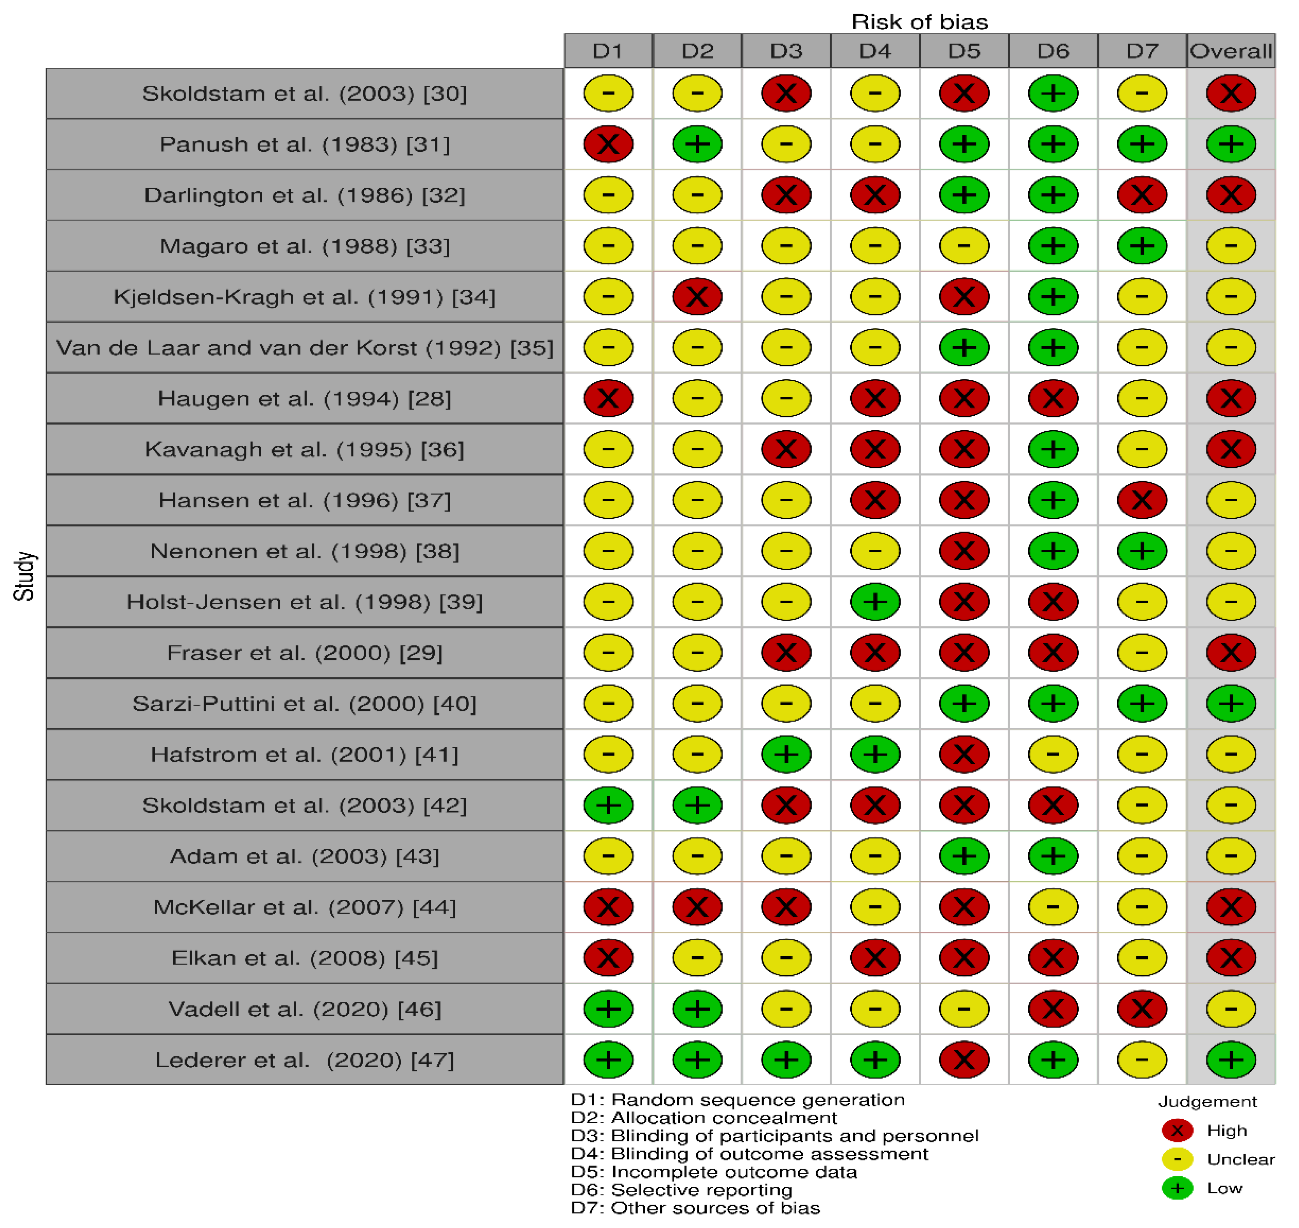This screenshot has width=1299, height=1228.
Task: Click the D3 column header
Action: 786,51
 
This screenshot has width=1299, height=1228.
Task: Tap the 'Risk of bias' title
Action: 920,21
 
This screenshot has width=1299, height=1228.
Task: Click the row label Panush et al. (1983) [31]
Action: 305,144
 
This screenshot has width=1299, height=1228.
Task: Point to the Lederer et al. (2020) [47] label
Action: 305,1060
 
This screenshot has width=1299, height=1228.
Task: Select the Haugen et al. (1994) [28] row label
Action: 305,398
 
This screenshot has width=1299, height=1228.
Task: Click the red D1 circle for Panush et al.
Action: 608,144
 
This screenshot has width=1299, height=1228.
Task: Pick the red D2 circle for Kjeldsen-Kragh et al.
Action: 697,297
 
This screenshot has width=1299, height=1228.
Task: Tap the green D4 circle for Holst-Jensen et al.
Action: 875,602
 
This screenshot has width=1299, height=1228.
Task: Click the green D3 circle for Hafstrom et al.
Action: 786,754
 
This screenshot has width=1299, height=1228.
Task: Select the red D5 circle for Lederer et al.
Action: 964,1060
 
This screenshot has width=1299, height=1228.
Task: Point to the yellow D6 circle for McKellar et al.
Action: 1053,907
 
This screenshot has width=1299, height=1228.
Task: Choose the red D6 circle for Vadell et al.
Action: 1053,1009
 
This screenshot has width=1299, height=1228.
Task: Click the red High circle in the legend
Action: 1177,1130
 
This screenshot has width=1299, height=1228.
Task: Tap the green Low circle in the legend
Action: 1177,1188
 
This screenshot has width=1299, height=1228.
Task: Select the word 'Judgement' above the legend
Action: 1208,1102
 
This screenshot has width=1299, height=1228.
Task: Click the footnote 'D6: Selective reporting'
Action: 681,1189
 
